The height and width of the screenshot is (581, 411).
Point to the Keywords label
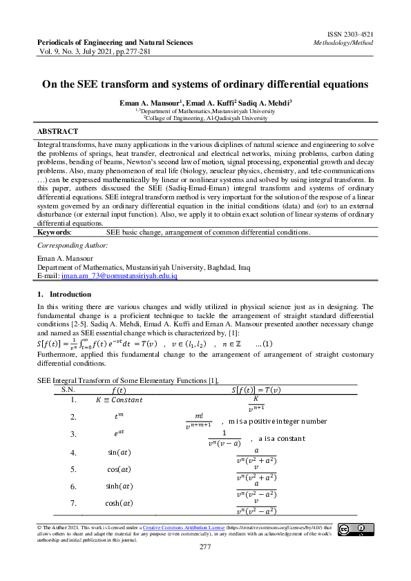pyautogui.click(x=55, y=233)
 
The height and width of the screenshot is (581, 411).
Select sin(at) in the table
pyautogui.click(x=118, y=453)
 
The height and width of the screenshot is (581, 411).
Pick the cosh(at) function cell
pyautogui.click(x=119, y=504)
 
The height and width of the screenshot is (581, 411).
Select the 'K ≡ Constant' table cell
pyautogui.click(x=119, y=400)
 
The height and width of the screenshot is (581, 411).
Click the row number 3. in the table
pyautogui.click(x=73, y=434)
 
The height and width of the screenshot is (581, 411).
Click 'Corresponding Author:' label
pyautogui.click(x=73, y=245)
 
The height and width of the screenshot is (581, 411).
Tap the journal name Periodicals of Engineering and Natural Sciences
pyautogui.click(x=115, y=42)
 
